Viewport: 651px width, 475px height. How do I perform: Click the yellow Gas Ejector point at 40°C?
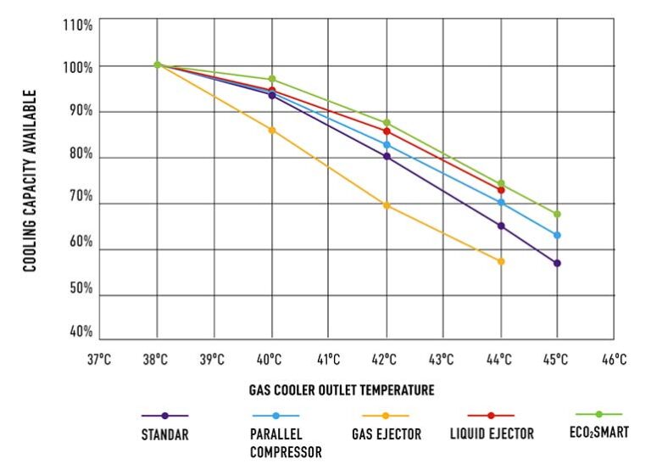pyautogui.click(x=272, y=130)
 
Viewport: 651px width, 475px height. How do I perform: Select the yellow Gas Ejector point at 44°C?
pyautogui.click(x=501, y=261)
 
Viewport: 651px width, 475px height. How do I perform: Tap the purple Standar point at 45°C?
pyautogui.click(x=557, y=263)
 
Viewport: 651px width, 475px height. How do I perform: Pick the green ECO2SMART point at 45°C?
pyautogui.click(x=557, y=214)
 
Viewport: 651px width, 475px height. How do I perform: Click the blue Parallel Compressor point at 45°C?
pyautogui.click(x=557, y=235)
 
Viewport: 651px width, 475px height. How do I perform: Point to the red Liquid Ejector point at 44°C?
pyautogui.click(x=501, y=190)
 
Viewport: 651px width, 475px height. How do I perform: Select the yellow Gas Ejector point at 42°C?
pyautogui.click(x=387, y=205)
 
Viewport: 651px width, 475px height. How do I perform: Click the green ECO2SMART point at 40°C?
pyautogui.click(x=272, y=79)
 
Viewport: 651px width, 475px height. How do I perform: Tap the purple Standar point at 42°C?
pyautogui.click(x=387, y=156)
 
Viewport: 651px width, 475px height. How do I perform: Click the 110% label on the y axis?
pyautogui.click(x=78, y=25)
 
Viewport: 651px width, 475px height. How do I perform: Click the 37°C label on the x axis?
pyautogui.click(x=99, y=360)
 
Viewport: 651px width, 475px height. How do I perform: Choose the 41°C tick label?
pyautogui.click(x=329, y=360)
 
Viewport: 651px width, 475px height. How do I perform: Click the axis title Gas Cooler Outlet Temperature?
pyautogui.click(x=342, y=391)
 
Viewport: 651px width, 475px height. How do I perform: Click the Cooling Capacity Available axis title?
pyautogui.click(x=29, y=181)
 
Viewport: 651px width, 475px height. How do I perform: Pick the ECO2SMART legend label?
pyautogui.click(x=600, y=432)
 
